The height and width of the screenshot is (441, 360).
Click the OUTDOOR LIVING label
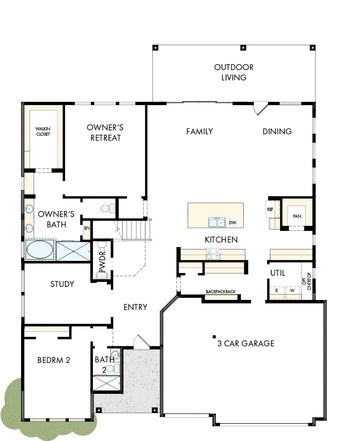coord(233,72)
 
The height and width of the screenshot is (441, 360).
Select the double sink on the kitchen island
coord(217,222)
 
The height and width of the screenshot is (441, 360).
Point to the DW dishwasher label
coord(232,222)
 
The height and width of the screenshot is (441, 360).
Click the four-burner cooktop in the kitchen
coord(213,254)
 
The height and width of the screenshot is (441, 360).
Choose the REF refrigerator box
coord(270,209)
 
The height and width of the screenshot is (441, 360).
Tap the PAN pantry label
coord(297,216)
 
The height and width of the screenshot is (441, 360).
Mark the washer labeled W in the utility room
coord(292,291)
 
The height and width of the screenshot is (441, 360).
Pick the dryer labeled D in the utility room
coord(277,291)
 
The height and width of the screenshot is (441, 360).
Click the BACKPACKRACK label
coord(221,291)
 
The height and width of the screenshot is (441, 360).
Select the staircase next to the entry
coord(134,230)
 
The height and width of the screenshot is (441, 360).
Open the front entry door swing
coord(140,341)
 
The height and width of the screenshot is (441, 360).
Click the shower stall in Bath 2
coord(106,383)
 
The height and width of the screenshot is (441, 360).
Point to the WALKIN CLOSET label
coord(43,131)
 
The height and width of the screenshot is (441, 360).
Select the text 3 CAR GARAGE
coord(246,344)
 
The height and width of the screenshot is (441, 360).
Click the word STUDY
coord(62,284)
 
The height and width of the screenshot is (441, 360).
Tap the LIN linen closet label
coord(86,229)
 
